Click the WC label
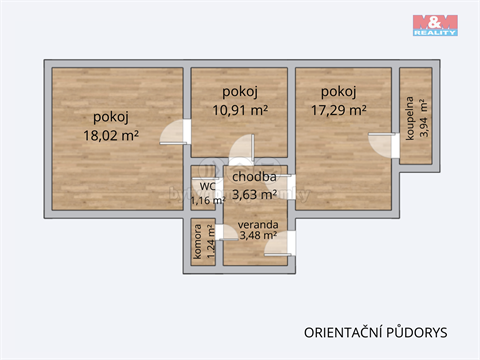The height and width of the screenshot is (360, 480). tap(207, 186)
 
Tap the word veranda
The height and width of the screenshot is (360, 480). tap(257, 224)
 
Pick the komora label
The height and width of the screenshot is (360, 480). tap(198, 246)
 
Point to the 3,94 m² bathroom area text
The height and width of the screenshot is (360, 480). tap(424, 119)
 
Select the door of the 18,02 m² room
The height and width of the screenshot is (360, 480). tap(177, 130)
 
